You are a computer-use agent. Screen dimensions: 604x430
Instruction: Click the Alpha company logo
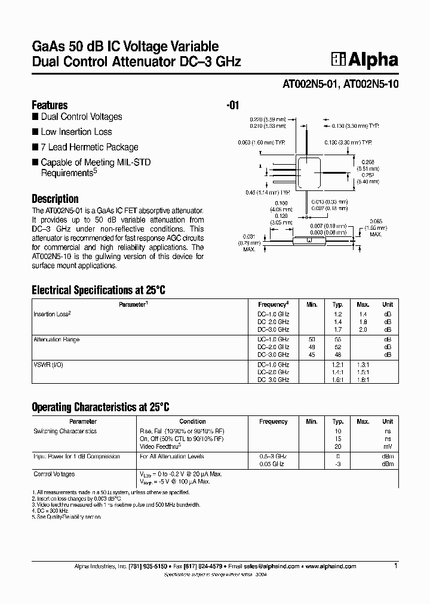pyautogui.click(x=365, y=59)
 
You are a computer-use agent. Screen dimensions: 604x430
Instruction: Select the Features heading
pyautogui.click(x=50, y=105)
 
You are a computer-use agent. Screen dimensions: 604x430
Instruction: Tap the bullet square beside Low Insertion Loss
pyautogui.click(x=35, y=132)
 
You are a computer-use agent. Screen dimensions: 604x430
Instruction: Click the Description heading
pyautogui.click(x=55, y=199)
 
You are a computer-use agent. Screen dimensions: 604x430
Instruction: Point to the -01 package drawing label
pyautogui.click(x=233, y=106)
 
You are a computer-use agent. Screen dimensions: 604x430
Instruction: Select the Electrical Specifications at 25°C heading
pyautogui.click(x=98, y=291)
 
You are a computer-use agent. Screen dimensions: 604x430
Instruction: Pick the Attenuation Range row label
pyautogui.click(x=56, y=340)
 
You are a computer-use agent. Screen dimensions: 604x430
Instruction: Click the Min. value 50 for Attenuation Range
pyautogui.click(x=311, y=340)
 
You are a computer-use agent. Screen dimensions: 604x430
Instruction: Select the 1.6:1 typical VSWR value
pyautogui.click(x=338, y=380)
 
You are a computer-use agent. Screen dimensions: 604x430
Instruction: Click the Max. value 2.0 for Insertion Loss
pyautogui.click(x=363, y=329)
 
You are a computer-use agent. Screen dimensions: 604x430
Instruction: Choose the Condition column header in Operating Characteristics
pyautogui.click(x=192, y=421)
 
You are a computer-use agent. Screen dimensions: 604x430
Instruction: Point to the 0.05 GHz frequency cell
pyautogui.click(x=273, y=464)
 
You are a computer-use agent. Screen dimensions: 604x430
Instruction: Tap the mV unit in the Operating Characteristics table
pyautogui.click(x=388, y=446)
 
